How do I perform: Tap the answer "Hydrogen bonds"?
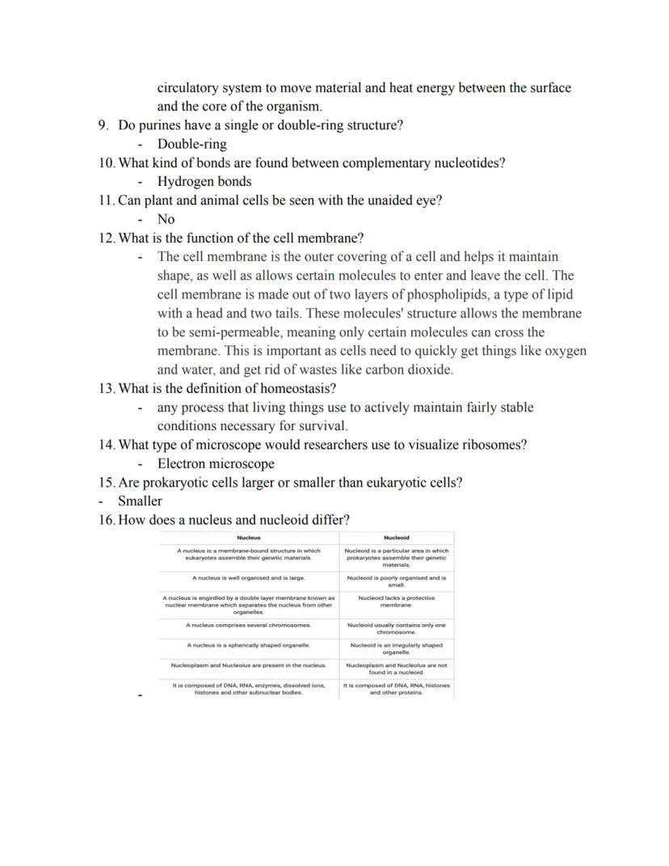[x=204, y=181]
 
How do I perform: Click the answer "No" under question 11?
[x=166, y=219]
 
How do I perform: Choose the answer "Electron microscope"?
[x=216, y=463]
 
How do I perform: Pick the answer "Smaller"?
[x=140, y=501]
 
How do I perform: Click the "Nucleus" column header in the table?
[x=249, y=538]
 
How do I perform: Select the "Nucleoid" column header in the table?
[x=396, y=538]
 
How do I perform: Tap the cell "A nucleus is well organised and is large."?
[x=249, y=578]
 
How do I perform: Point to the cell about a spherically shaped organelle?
[x=249, y=645]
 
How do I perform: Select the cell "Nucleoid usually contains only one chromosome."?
[x=396, y=628]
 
